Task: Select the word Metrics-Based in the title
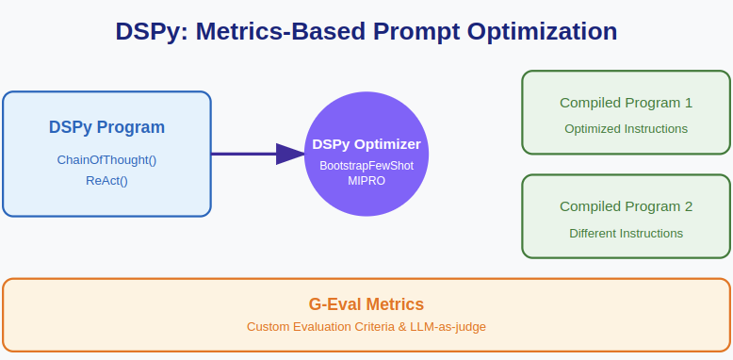click(282, 31)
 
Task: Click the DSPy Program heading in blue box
click(106, 127)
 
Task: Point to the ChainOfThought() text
click(106, 159)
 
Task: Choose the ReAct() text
click(106, 180)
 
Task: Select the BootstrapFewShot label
click(366, 165)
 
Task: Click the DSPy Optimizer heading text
click(366, 144)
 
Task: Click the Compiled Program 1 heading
click(626, 103)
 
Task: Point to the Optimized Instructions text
click(626, 129)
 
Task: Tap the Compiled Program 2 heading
click(626, 206)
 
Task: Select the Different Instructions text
click(626, 233)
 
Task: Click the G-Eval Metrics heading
click(366, 304)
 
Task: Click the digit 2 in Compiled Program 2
click(688, 206)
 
